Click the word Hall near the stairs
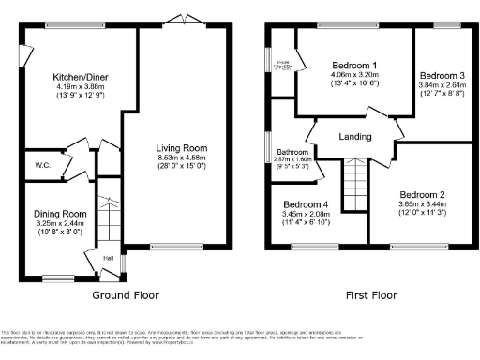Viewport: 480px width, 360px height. pyautogui.click(x=108, y=259)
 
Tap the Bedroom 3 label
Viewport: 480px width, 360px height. pyautogui.click(x=442, y=75)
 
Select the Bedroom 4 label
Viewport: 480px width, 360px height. pyautogui.click(x=307, y=204)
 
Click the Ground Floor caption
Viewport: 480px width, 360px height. pyautogui.click(x=125, y=294)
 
